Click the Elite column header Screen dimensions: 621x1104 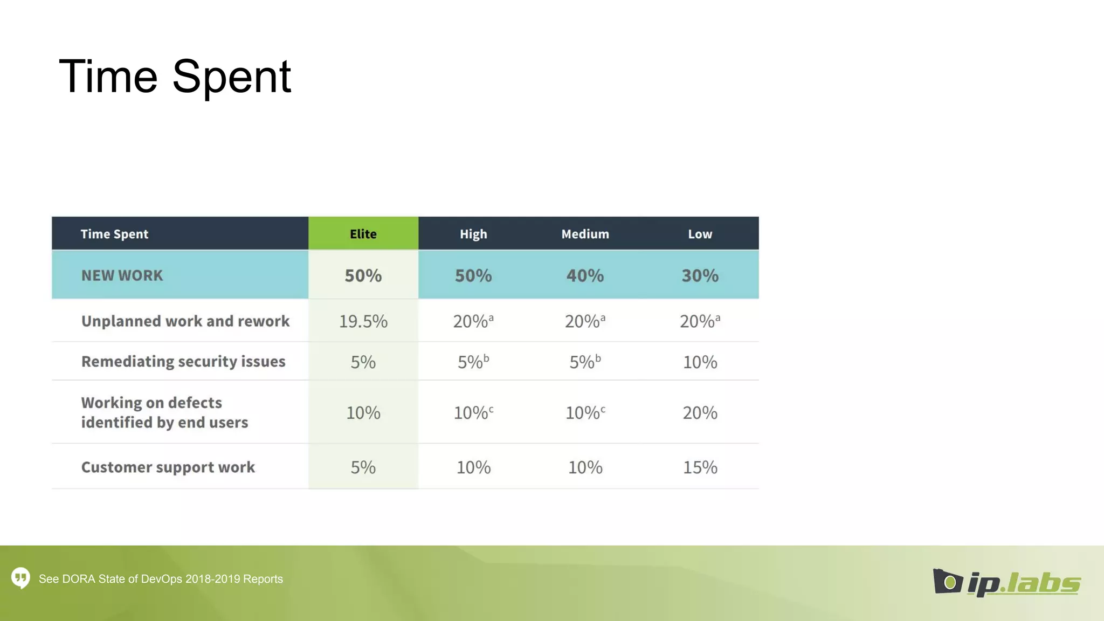point(363,234)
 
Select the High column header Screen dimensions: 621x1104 point(473,234)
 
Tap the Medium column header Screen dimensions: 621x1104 point(585,234)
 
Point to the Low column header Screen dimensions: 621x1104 point(700,234)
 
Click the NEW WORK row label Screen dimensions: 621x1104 point(122,275)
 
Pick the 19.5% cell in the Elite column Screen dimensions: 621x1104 point(363,321)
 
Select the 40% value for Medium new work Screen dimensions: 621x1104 point(585,275)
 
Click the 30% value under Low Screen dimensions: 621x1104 point(700,275)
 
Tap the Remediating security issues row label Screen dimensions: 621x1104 point(183,361)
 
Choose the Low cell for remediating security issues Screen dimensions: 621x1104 point(700,362)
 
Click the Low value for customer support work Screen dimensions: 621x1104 point(700,467)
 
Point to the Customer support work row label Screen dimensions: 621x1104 point(168,467)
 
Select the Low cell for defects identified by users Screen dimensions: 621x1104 point(700,413)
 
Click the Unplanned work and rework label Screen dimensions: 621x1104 point(185,321)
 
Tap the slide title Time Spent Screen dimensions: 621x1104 point(175,77)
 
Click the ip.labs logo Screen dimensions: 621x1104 point(1006,583)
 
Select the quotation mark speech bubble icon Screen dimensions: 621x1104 point(21,578)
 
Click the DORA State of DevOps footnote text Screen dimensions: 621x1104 point(161,579)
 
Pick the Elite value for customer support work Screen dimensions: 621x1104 point(363,467)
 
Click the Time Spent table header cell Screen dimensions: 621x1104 point(114,234)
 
